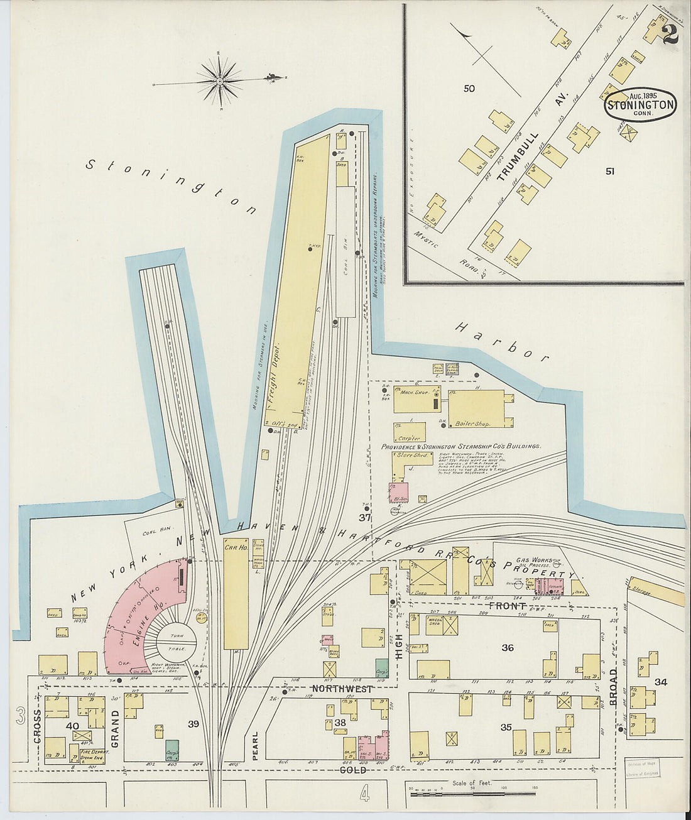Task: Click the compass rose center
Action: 220,81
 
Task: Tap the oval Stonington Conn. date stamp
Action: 640,104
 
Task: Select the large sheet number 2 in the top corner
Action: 669,34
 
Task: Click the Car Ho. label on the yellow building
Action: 236,547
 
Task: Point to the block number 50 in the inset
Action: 469,89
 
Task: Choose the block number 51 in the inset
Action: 609,170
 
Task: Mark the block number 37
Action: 364,518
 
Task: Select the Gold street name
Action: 352,770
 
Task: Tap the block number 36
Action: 507,648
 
